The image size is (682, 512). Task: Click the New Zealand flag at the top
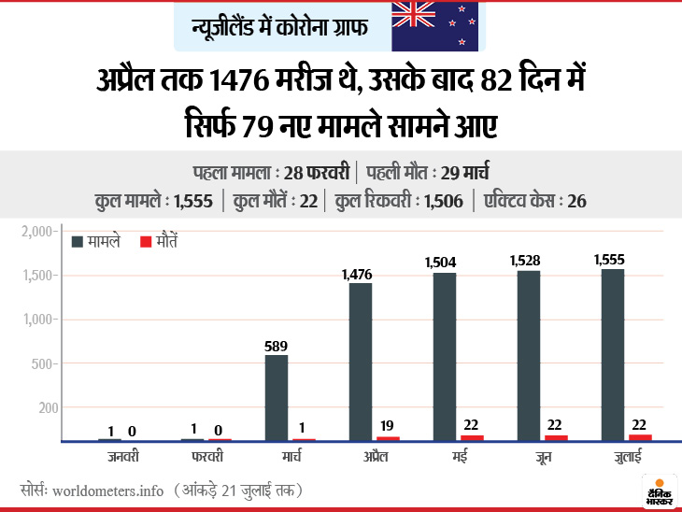pos(434,25)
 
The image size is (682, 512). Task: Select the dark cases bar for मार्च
pos(277,397)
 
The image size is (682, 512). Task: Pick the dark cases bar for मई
pos(445,356)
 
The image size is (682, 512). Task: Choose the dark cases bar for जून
pos(529,355)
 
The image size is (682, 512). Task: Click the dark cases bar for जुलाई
pos(613,354)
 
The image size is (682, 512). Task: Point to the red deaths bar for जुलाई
pos(641,437)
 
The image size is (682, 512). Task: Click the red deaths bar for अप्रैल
pos(389,438)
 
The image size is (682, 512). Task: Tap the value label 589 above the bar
pos(277,345)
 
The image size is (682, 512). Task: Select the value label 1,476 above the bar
pos(358,274)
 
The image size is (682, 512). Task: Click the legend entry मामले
pos(94,241)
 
